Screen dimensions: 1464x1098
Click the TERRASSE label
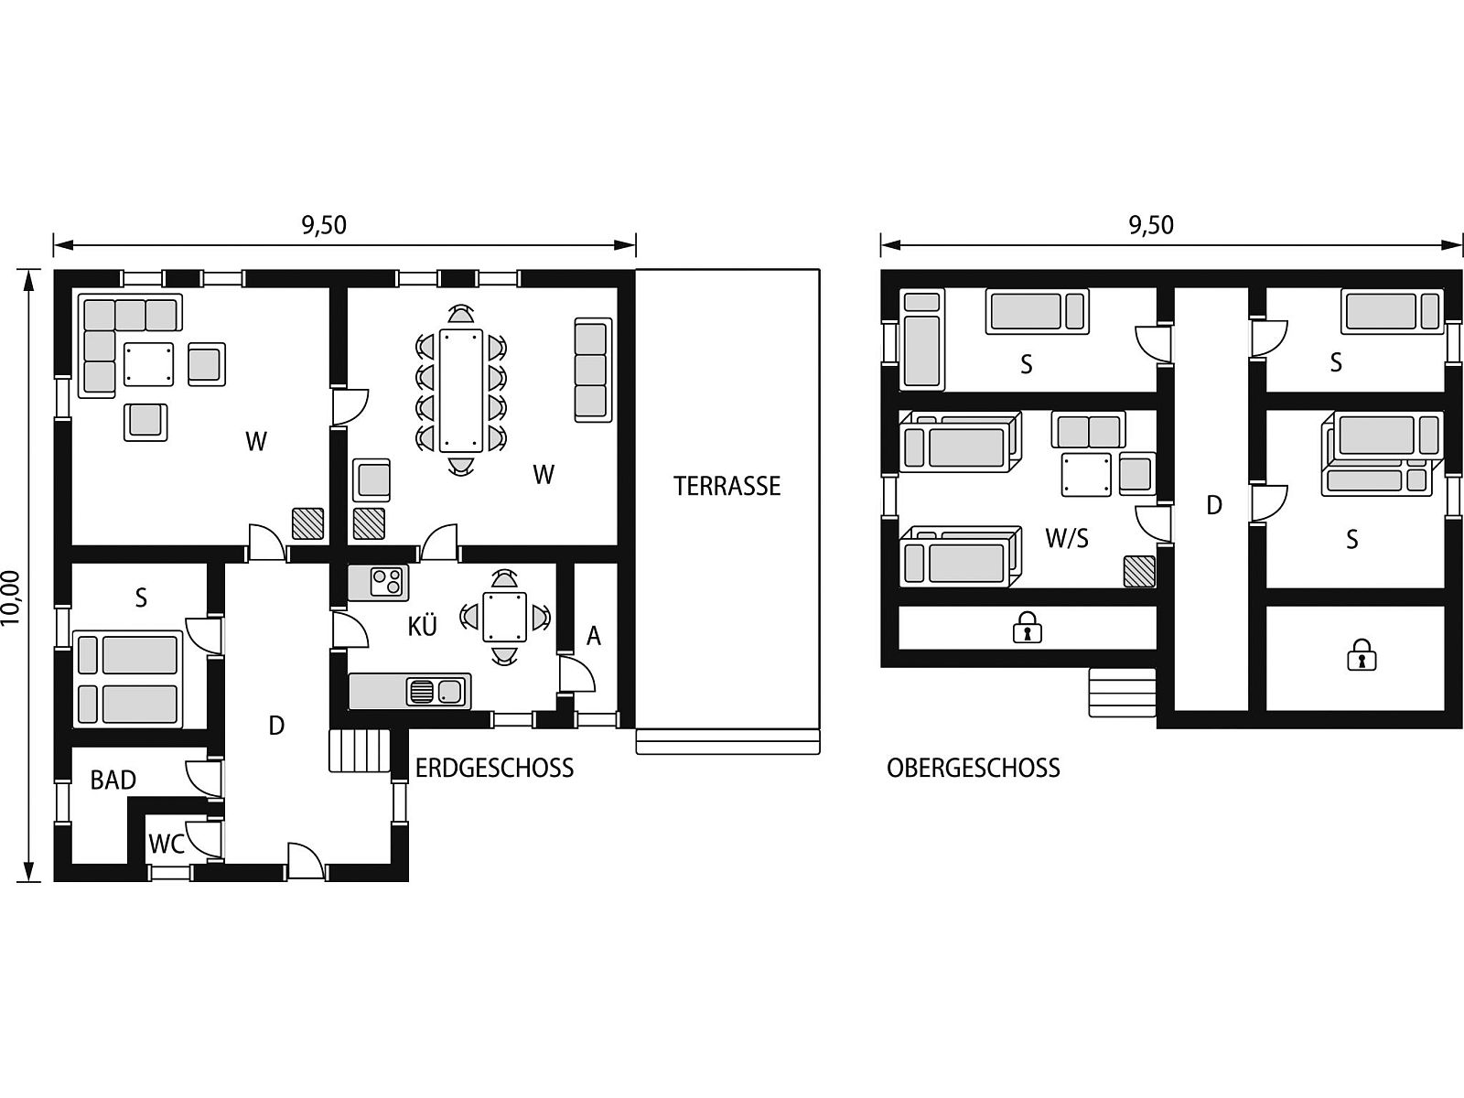pos(727,485)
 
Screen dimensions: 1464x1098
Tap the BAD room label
pos(113,780)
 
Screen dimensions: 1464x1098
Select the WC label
pos(167,844)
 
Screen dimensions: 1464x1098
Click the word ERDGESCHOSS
pos(494,768)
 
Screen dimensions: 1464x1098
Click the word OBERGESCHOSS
pos(974,768)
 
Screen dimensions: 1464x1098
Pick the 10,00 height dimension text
pos(12,598)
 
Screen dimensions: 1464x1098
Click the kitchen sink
pos(436,692)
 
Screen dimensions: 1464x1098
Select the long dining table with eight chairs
pos(461,390)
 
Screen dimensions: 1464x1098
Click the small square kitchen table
pos(505,617)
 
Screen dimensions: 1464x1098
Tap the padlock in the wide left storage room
pos(1028,628)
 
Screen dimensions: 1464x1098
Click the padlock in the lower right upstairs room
pos(1362,654)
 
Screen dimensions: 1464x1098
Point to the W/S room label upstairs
pos(1067,537)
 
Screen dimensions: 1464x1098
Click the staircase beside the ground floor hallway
pos(360,750)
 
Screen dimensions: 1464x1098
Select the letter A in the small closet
pos(594,637)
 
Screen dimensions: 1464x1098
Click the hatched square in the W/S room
pos(1139,571)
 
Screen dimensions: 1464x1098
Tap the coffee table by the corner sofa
pos(149,364)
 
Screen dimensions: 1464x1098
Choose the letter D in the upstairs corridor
pos(1214,505)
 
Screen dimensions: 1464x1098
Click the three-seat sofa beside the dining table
pos(593,370)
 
